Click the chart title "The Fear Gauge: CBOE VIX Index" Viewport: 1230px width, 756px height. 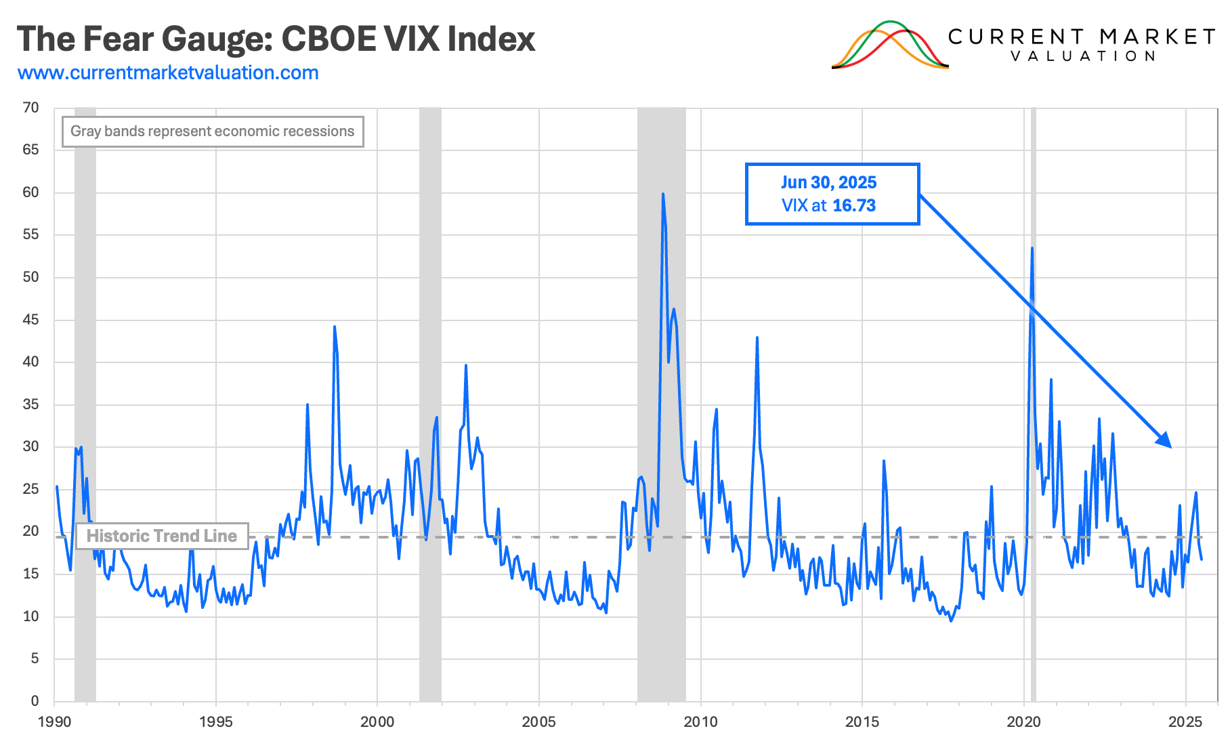pyautogui.click(x=276, y=39)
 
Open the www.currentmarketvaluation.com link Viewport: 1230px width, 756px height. pyautogui.click(x=168, y=73)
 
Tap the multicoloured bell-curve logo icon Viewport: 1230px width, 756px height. pyautogui.click(x=889, y=45)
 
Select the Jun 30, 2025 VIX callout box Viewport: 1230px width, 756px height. pyautogui.click(x=832, y=194)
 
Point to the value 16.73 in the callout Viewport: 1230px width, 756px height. pyautogui.click(x=854, y=206)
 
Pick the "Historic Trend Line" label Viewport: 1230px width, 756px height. pyautogui.click(x=161, y=536)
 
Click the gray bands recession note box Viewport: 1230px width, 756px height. pyautogui.click(x=213, y=131)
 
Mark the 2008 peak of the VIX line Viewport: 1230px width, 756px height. pyautogui.click(x=663, y=194)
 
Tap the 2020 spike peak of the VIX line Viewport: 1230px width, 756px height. pyautogui.click(x=1032, y=249)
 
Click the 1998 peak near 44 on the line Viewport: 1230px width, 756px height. pyautogui.click(x=335, y=327)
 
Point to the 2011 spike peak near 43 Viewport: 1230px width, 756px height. pyautogui.click(x=757, y=337)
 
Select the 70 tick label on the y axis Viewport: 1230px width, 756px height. pyautogui.click(x=30, y=108)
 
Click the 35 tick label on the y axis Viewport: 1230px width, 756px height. pyautogui.click(x=30, y=404)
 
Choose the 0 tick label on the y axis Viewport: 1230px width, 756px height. pyautogui.click(x=35, y=701)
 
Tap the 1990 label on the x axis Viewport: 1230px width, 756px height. pyautogui.click(x=54, y=722)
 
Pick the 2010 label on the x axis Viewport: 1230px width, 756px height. pyautogui.click(x=700, y=722)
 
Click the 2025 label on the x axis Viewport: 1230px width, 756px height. pyautogui.click(x=1185, y=722)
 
